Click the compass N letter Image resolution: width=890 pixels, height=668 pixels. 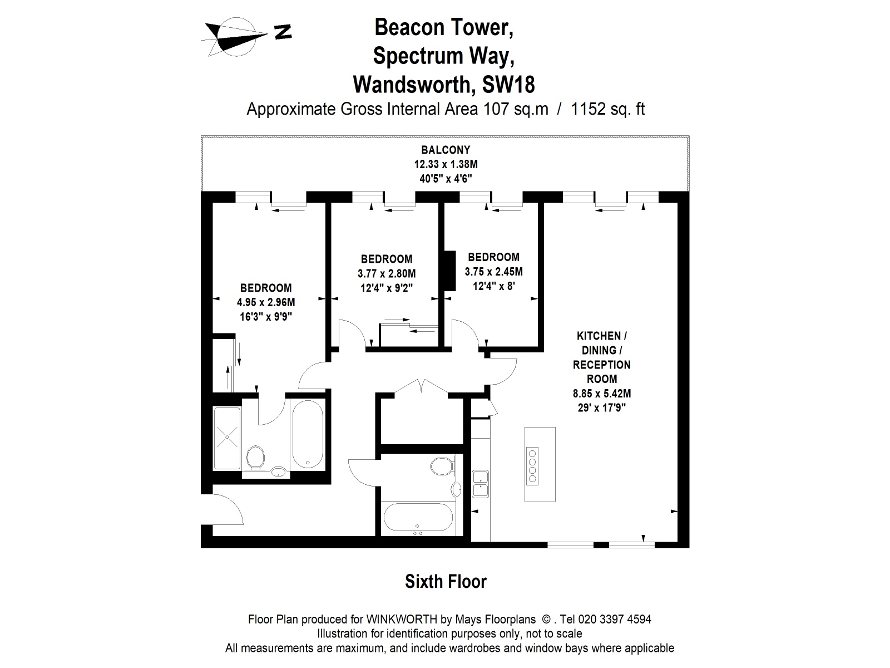pyautogui.click(x=283, y=33)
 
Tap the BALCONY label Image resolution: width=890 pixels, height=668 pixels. pyautogui.click(x=445, y=150)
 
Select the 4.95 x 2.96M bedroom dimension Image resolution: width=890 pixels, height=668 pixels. pyautogui.click(x=265, y=303)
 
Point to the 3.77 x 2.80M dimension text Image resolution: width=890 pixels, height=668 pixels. pyautogui.click(x=386, y=273)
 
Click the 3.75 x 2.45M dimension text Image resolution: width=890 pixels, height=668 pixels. pyautogui.click(x=493, y=272)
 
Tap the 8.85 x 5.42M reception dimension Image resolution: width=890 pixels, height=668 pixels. pyautogui.click(x=601, y=394)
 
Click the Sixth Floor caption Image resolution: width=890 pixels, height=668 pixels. pyautogui.click(x=446, y=582)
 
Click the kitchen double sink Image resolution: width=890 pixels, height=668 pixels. pyautogui.click(x=480, y=484)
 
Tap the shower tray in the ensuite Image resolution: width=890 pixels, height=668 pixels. pyautogui.click(x=227, y=438)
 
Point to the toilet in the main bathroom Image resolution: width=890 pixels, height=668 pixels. pyautogui.click(x=441, y=465)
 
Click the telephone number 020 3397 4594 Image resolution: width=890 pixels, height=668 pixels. pyautogui.click(x=614, y=619)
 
